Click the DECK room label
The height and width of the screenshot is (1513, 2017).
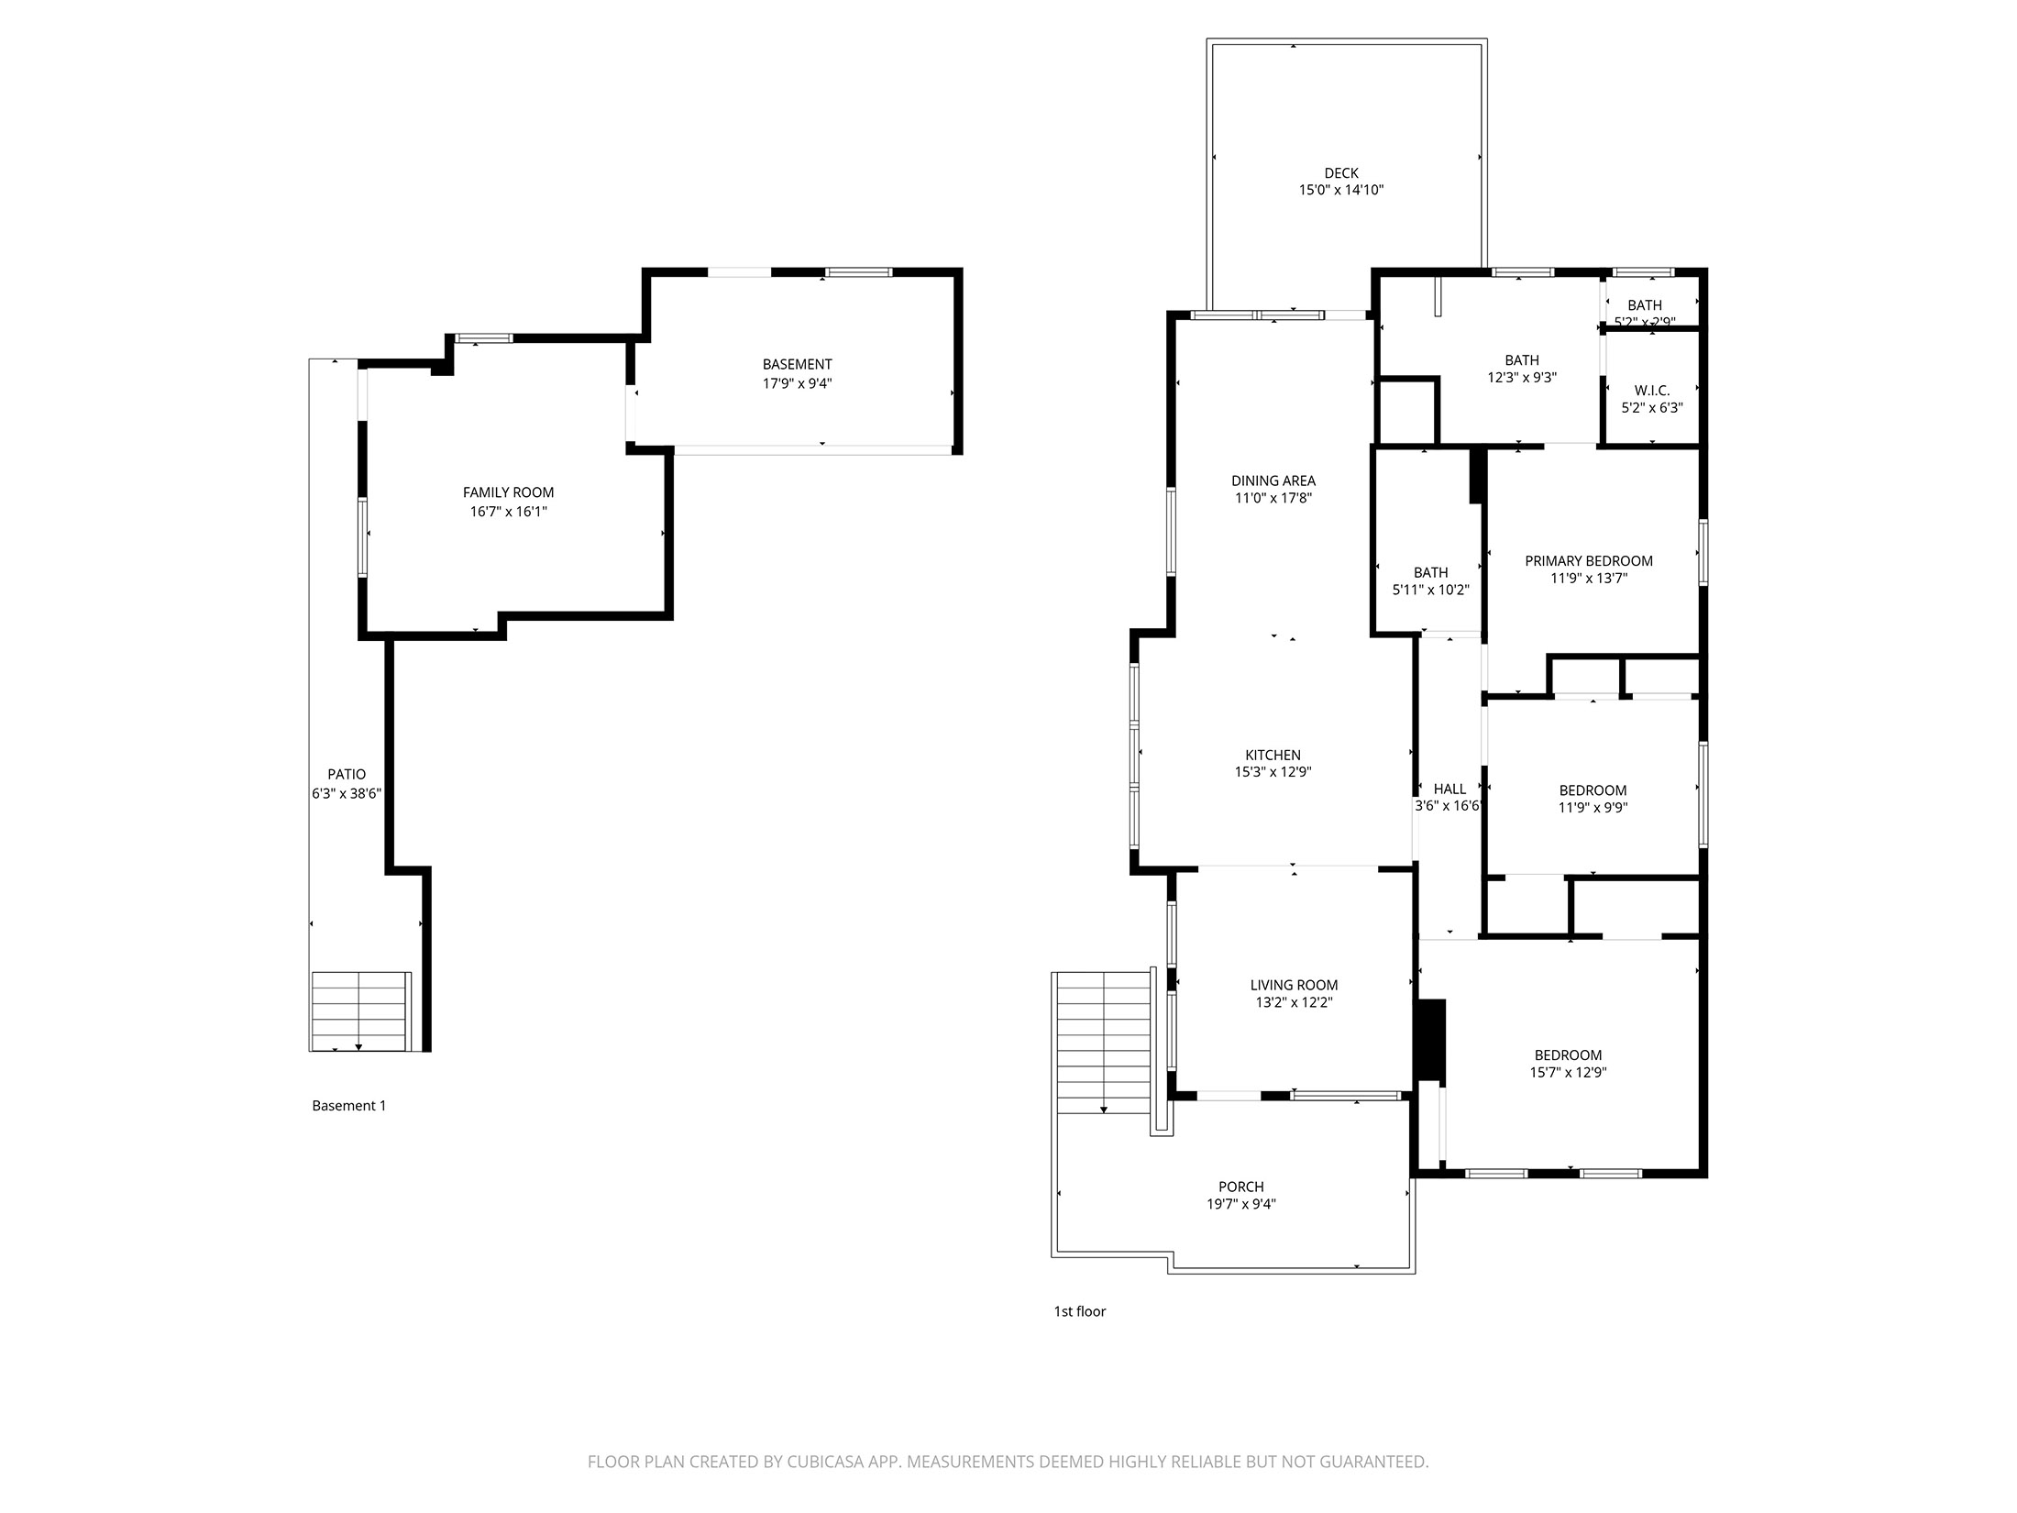1340,173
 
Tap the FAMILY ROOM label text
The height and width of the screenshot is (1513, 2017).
508,492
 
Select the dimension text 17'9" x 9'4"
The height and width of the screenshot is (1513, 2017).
797,383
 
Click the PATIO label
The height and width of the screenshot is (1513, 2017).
347,774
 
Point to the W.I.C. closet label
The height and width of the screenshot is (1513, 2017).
1651,391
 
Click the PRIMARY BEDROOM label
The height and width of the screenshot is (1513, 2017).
1588,560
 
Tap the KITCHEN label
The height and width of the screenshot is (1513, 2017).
1273,755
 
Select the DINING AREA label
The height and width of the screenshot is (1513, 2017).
1273,480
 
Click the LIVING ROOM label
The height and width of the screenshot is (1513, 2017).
1294,985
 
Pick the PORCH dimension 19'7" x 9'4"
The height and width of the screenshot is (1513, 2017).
1240,1204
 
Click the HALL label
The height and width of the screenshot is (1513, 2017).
1449,789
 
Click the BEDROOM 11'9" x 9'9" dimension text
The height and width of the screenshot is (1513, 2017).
1593,808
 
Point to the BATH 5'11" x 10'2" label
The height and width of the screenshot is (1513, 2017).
1430,572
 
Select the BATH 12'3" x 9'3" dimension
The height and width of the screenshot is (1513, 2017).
1521,377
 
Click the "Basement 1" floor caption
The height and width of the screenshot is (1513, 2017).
348,1106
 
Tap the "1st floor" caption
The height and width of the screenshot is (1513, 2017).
1079,1311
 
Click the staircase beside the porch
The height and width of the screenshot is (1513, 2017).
1104,1041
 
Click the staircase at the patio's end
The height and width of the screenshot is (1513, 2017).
359,1011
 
